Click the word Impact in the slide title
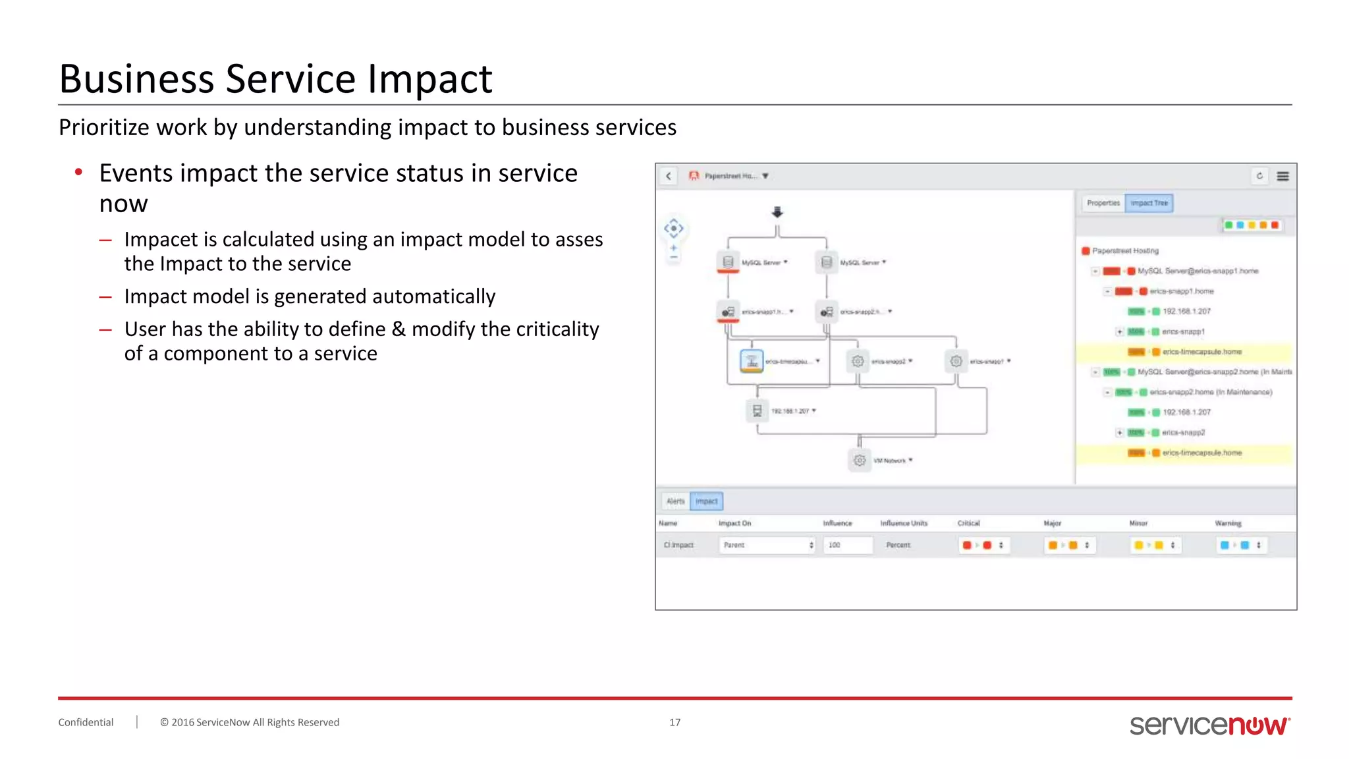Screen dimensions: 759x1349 coord(429,79)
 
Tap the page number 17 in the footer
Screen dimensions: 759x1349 coord(674,722)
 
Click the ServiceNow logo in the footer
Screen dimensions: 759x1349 coord(1209,725)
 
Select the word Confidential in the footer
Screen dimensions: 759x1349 coord(86,722)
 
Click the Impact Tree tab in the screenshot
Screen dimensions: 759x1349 coord(1149,203)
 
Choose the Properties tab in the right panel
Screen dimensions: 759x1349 coord(1103,203)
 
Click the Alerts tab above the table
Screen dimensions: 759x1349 coord(675,501)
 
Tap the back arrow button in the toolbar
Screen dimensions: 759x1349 coord(669,176)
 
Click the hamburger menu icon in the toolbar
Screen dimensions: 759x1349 coord(1282,176)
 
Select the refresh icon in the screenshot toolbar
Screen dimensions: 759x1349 coord(1259,176)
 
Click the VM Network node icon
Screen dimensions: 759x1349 coord(860,460)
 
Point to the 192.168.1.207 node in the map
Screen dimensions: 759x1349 coord(757,410)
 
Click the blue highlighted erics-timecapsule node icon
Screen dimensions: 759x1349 coord(752,360)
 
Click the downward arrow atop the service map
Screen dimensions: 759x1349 coord(777,212)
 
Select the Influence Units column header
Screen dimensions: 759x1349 coord(903,523)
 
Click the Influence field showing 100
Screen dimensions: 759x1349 coord(847,545)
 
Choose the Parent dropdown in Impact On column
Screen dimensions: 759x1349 coord(767,545)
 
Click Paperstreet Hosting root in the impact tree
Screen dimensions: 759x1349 coord(1125,250)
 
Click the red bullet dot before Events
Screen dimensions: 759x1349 coord(78,173)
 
